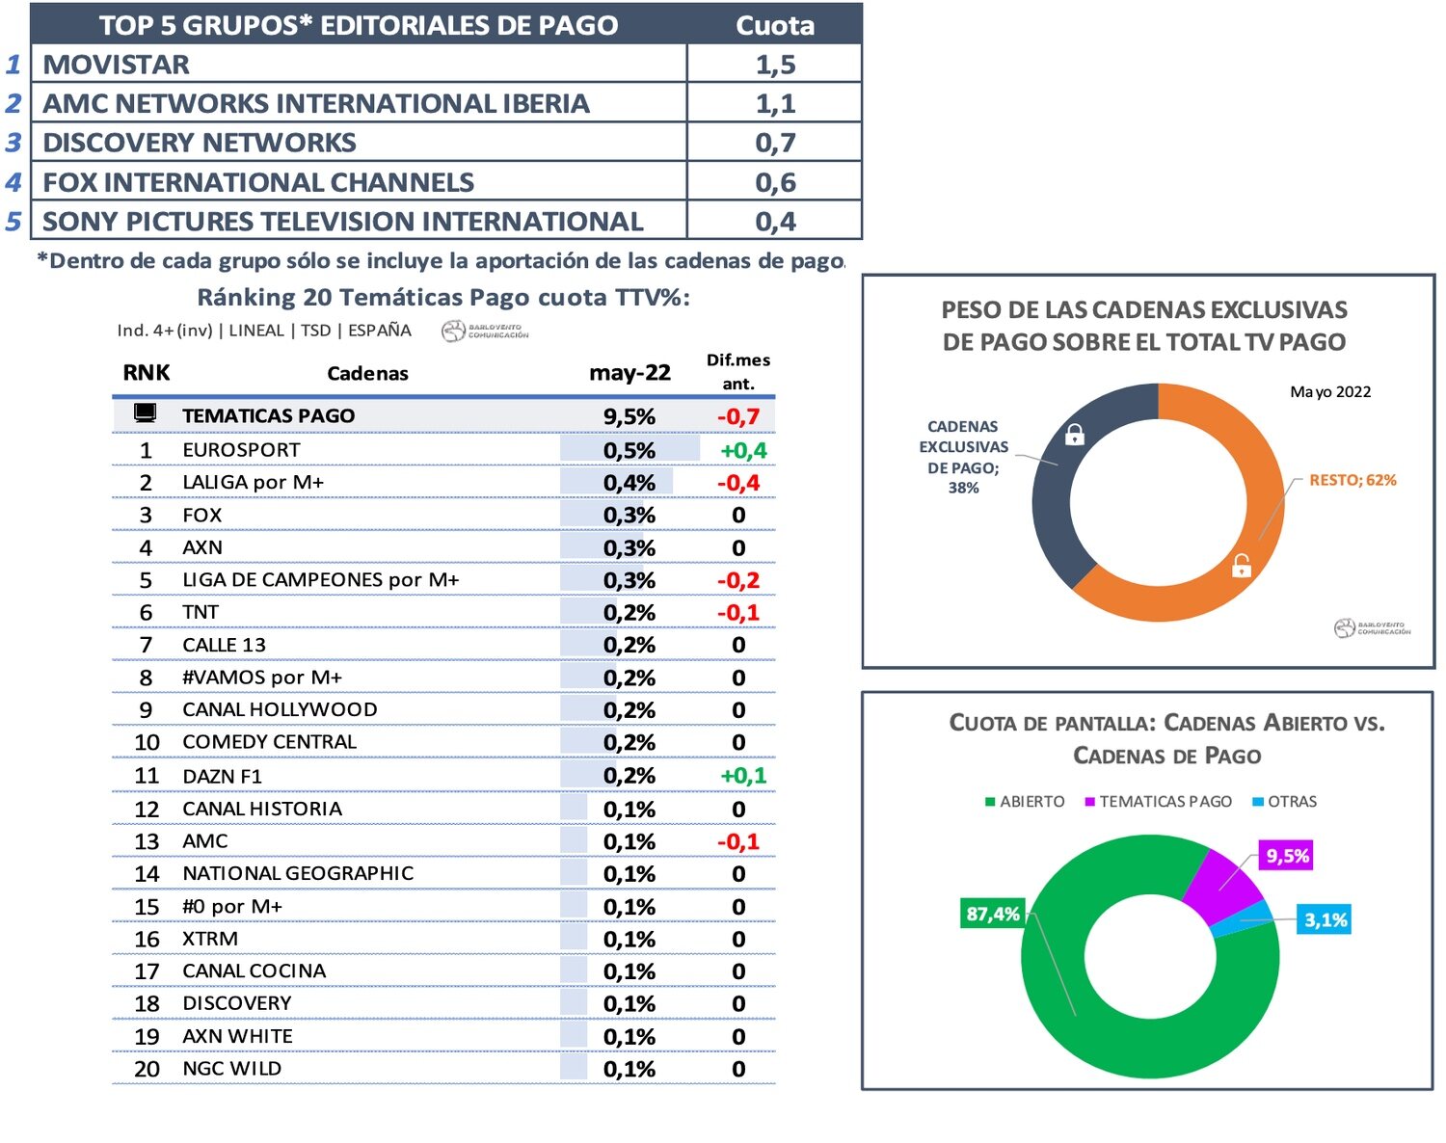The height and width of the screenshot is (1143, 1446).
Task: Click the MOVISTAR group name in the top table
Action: pyautogui.click(x=117, y=65)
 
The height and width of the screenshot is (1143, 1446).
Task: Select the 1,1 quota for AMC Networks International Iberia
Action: pyautogui.click(x=775, y=103)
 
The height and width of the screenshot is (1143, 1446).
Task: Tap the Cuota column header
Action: pyautogui.click(x=775, y=25)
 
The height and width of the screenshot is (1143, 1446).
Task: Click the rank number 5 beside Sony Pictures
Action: pyautogui.click(x=13, y=222)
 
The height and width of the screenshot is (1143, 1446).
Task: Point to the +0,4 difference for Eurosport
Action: pyautogui.click(x=743, y=450)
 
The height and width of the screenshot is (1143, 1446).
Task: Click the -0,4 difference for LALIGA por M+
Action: pyautogui.click(x=738, y=483)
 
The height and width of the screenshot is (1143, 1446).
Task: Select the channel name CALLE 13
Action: pyautogui.click(x=224, y=645)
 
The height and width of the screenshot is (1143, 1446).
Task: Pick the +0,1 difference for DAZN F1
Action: pyautogui.click(x=743, y=776)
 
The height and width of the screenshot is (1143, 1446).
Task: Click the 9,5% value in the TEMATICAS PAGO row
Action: pyautogui.click(x=629, y=416)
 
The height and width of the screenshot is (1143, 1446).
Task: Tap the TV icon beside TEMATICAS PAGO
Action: pyautogui.click(x=146, y=413)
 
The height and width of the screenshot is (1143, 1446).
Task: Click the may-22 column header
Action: pyautogui.click(x=629, y=373)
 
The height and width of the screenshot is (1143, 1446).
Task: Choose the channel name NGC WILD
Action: pyautogui.click(x=231, y=1069)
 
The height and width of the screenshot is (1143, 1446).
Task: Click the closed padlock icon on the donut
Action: pyautogui.click(x=1074, y=435)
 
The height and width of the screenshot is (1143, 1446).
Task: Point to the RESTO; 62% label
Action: pyautogui.click(x=1352, y=480)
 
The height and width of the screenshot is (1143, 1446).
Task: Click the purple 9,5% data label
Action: pyautogui.click(x=1287, y=856)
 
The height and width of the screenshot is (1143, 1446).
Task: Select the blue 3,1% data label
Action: pyautogui.click(x=1325, y=919)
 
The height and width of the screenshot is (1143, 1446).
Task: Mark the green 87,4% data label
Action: pyautogui.click(x=992, y=914)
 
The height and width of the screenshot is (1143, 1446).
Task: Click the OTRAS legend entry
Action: pyautogui.click(x=1285, y=802)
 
